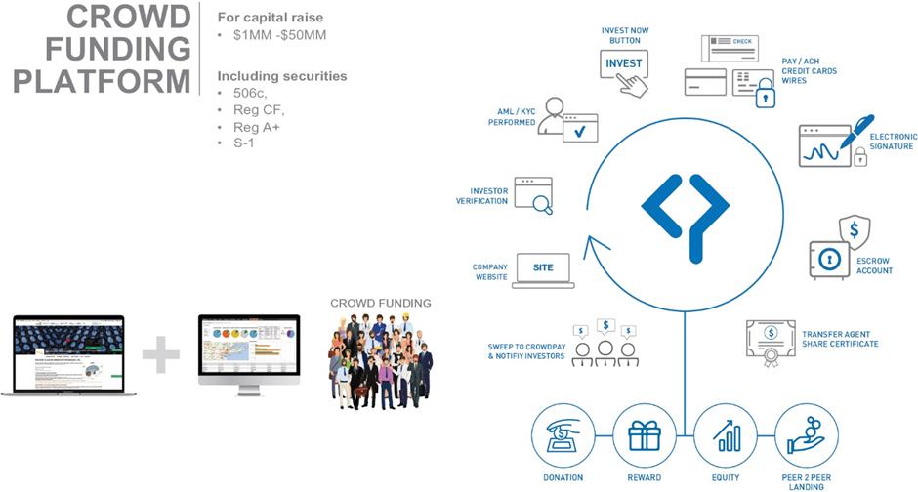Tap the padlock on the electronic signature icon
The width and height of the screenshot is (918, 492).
coord(860,156)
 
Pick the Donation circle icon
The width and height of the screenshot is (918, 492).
coord(563,434)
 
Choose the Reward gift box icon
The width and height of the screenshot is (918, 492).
coord(645,434)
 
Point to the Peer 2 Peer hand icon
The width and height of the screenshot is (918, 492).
coord(807,434)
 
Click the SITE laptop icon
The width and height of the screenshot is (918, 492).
coord(542,269)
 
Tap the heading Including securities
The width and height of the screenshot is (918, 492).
coord(281,75)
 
